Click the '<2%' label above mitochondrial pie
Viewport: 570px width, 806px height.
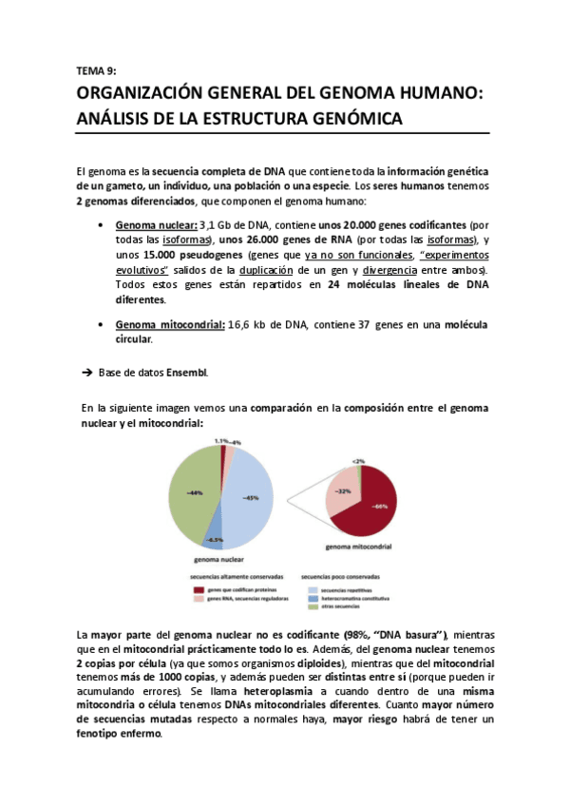[x=357, y=461]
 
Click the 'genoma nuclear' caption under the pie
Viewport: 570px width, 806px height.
[x=218, y=560]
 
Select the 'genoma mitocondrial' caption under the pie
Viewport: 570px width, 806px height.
[x=359, y=547]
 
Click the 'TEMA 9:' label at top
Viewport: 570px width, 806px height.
[x=95, y=70]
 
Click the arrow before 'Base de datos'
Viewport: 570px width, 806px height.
[x=84, y=372]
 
